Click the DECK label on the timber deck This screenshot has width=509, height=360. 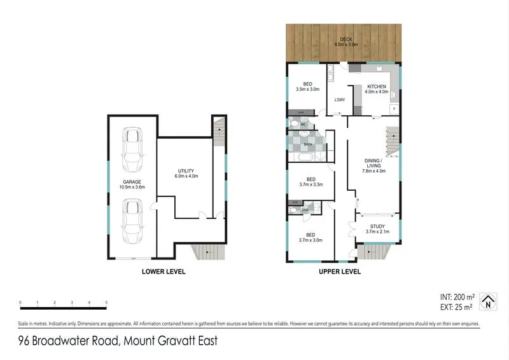(345, 39)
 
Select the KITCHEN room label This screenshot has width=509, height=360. (376, 86)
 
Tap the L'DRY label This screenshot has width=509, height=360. (339, 100)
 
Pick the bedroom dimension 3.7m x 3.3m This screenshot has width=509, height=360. (311, 185)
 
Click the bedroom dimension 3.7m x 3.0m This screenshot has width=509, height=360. (311, 240)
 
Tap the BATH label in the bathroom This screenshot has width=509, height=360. (307, 144)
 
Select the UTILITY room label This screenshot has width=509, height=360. (186, 171)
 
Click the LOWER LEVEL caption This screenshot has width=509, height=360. (163, 272)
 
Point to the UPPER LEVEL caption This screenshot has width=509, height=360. (340, 272)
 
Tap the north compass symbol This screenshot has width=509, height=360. (488, 301)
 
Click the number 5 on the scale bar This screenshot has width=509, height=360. (106, 303)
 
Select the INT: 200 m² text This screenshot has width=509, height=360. (456, 297)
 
